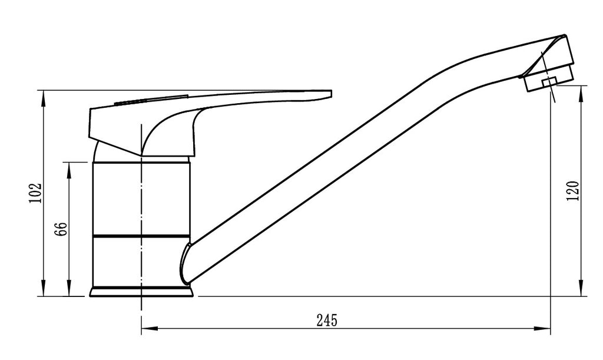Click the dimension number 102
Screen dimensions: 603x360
(35, 193)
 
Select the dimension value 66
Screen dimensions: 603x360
(62, 229)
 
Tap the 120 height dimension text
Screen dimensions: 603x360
(572, 191)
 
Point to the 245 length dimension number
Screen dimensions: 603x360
(326, 320)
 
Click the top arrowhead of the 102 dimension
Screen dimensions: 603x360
(44, 96)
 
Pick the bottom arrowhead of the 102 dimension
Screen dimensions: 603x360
(44, 290)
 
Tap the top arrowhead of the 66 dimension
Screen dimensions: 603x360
(69, 169)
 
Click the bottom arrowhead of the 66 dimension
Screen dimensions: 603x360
(69, 290)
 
